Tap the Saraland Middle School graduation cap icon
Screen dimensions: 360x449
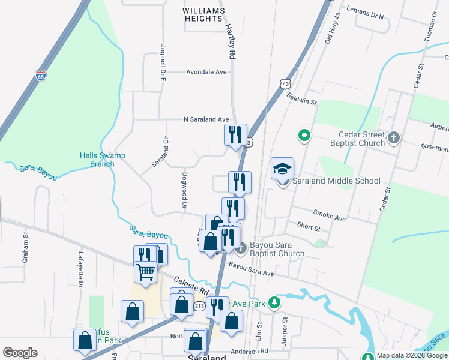(282, 169)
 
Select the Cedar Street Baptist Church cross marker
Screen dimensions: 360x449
(393, 138)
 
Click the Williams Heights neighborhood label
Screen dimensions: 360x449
(204, 15)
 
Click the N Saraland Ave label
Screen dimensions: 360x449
(206, 119)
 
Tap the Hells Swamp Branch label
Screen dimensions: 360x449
(102, 160)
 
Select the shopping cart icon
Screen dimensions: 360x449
(146, 271)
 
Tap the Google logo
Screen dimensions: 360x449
(20, 353)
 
